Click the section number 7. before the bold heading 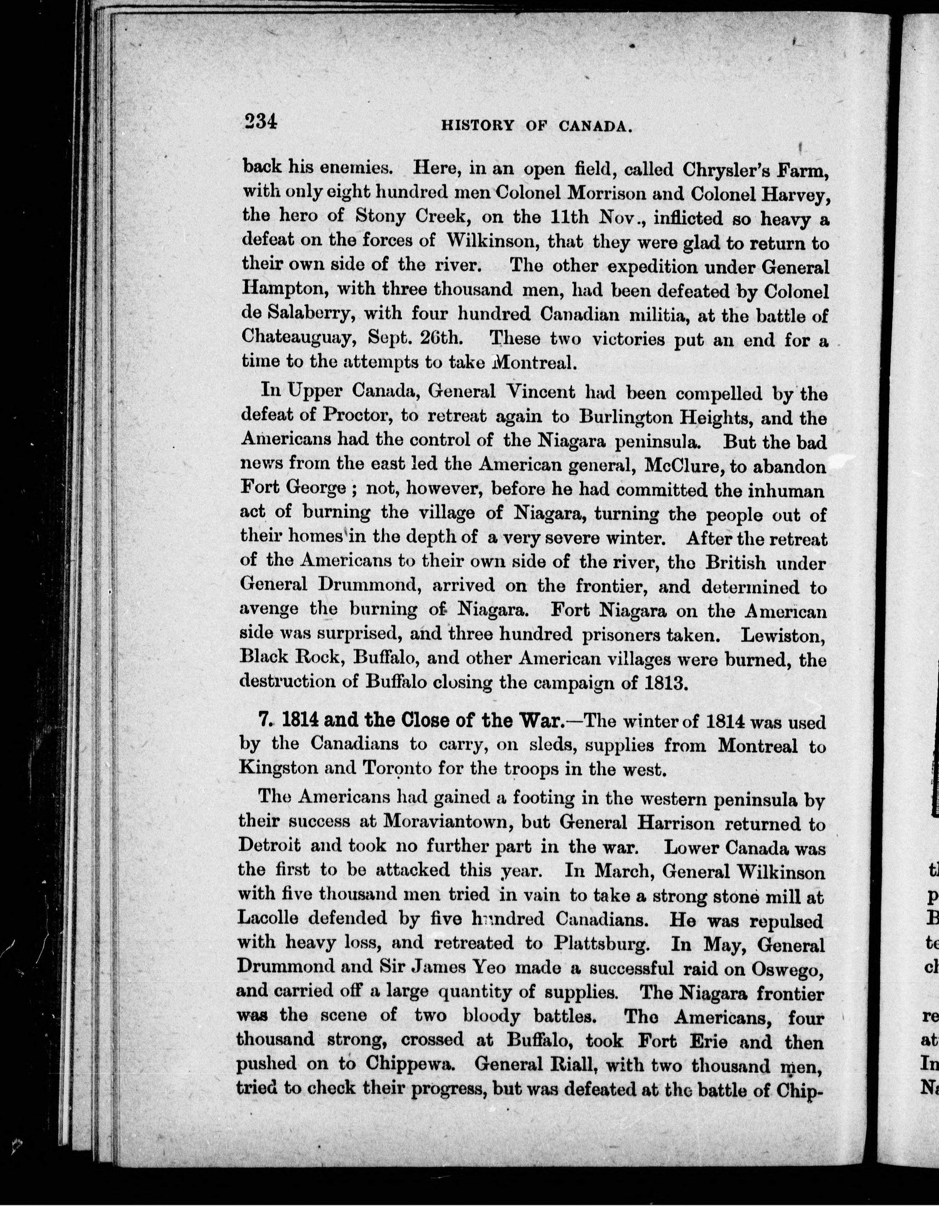click(x=266, y=722)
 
